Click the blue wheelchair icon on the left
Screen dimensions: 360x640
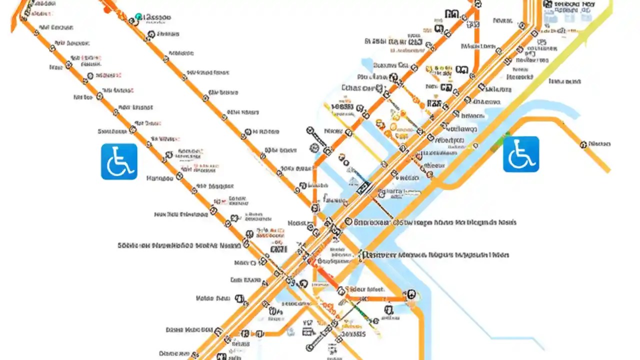coord(119,161)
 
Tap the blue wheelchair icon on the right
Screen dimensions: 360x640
coord(521,154)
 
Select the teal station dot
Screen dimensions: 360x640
coord(138,17)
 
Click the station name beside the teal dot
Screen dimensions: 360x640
coord(157,17)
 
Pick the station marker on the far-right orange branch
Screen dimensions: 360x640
coord(583,144)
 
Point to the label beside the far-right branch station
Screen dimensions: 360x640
coord(599,144)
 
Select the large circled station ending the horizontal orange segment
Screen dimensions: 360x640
coord(410,294)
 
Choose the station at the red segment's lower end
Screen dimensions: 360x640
coord(341,290)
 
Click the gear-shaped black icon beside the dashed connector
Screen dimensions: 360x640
coord(314,147)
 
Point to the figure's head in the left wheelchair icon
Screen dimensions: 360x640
coord(116,150)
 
